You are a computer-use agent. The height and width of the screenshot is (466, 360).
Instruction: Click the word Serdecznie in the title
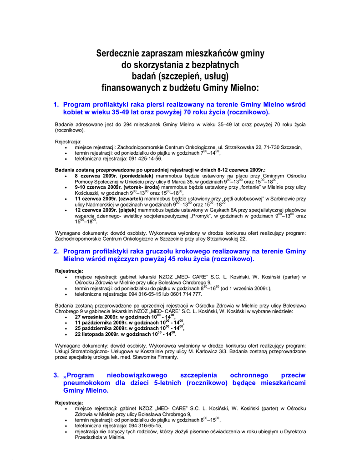click(x=117, y=54)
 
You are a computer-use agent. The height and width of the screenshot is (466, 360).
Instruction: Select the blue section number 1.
click(x=56, y=105)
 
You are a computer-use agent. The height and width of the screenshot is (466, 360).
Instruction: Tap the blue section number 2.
click(x=56, y=251)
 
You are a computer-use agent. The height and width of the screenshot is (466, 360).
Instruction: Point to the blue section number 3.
click(x=56, y=375)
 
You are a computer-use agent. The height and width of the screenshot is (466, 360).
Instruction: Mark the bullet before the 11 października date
click(x=67, y=323)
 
